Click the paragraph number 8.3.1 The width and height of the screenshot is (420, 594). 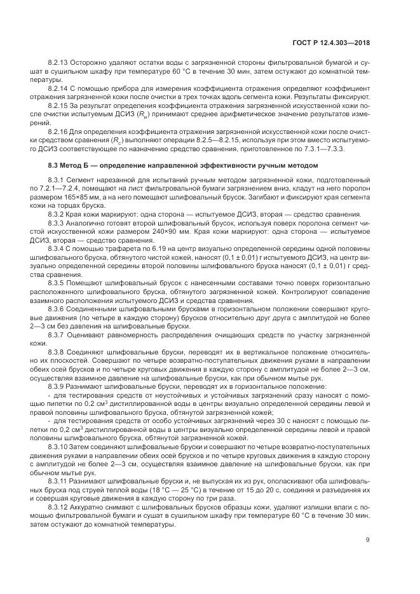(58, 181)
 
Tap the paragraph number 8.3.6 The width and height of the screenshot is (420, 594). (58, 291)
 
